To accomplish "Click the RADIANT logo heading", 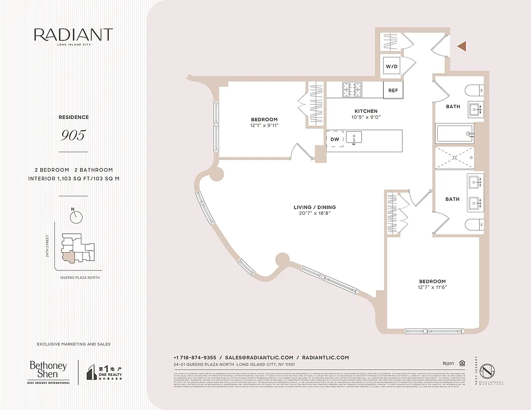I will click(x=73, y=35).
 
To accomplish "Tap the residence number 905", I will click(x=73, y=135).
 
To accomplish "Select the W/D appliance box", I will click(x=391, y=67).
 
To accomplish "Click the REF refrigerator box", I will click(x=393, y=91).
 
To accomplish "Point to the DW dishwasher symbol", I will click(x=335, y=139).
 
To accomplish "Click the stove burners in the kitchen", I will click(x=352, y=89).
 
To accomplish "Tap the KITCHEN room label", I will click(x=366, y=111).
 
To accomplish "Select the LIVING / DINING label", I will click(x=314, y=207).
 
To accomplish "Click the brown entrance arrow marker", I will click(x=462, y=47).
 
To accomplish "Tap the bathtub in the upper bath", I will click(x=454, y=134).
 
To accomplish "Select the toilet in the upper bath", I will click(x=474, y=91).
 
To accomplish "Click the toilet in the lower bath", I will click(x=475, y=224).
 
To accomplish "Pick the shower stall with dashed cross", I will click(x=454, y=158).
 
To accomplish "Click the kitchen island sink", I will click(x=353, y=137).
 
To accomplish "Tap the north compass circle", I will click(x=76, y=217).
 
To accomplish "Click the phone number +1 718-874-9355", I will click(x=194, y=358).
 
